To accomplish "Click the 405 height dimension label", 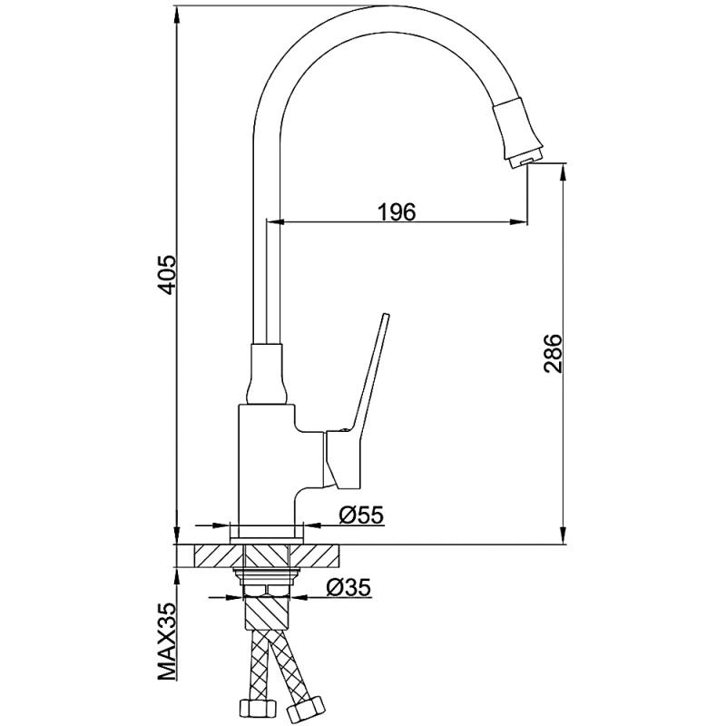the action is [167, 274].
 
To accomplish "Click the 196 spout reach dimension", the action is [397, 212].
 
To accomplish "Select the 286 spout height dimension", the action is [553, 353].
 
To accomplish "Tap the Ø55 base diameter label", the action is [361, 515].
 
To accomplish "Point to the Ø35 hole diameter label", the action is [348, 587].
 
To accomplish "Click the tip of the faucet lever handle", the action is [386, 315].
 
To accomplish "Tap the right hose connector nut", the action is [305, 709].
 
